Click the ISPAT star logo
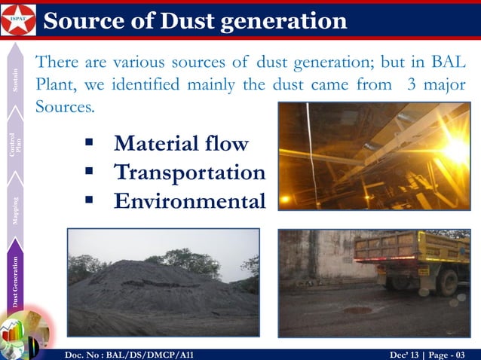(x=17, y=20)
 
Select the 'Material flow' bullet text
(x=181, y=143)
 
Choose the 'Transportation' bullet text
(x=189, y=172)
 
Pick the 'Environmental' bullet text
(x=189, y=201)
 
